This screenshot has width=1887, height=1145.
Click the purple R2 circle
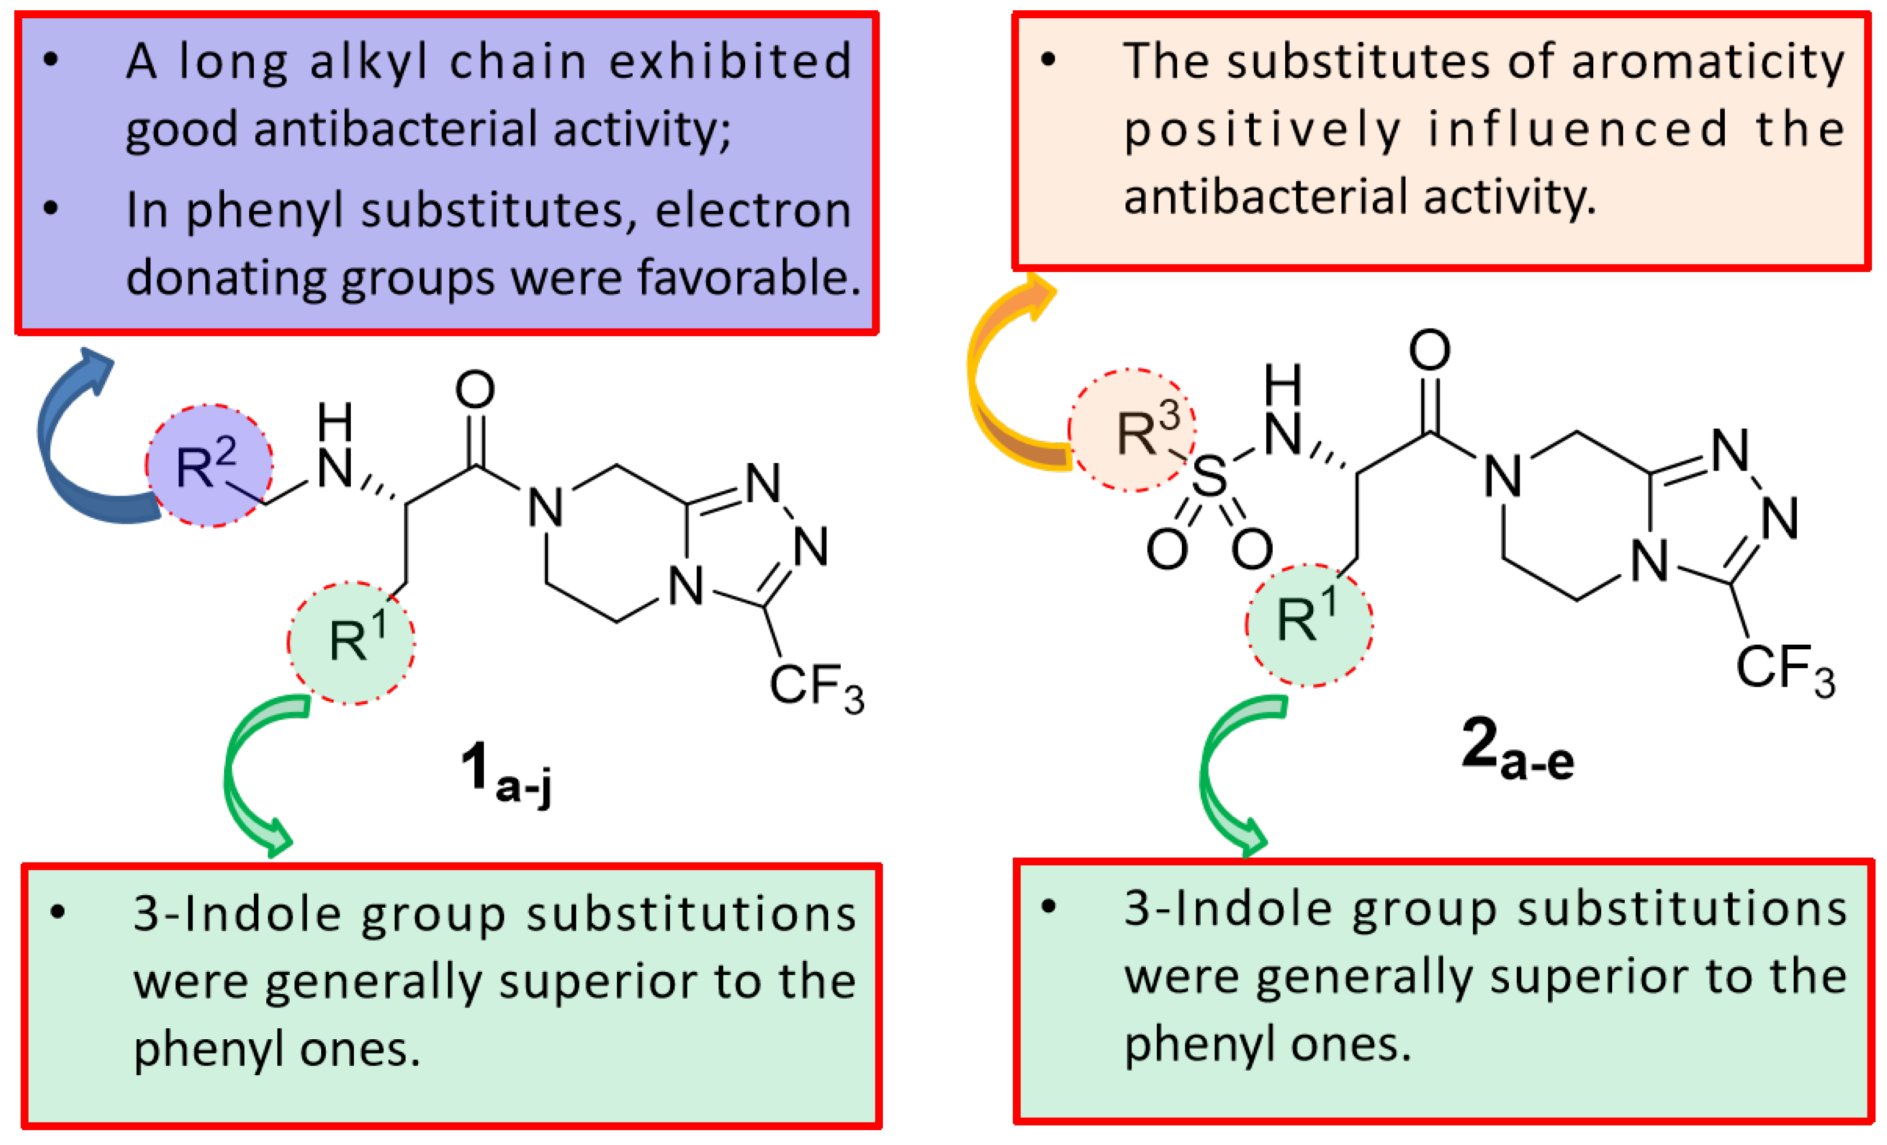[x=209, y=466]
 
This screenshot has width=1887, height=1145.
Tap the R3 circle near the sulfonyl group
[x=1132, y=430]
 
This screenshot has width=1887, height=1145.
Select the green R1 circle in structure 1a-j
[x=351, y=642]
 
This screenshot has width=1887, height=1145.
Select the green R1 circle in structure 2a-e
[x=1309, y=624]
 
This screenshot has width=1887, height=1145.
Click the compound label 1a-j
[x=505, y=775]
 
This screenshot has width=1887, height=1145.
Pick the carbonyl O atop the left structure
[x=475, y=390]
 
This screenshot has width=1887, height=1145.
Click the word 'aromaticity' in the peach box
[x=1708, y=61]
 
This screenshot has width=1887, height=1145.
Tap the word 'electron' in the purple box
[x=753, y=210]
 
